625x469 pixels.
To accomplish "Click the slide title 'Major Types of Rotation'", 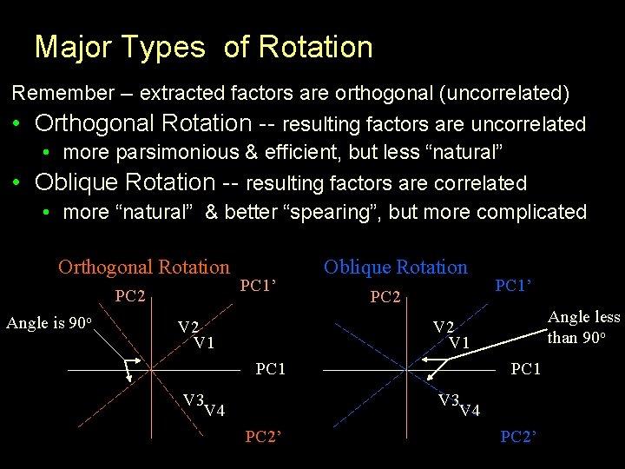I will pyautogui.click(x=203, y=47).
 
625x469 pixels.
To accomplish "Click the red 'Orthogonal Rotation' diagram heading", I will pyautogui.click(x=144, y=268).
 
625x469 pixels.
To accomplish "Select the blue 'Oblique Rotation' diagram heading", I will pyautogui.click(x=395, y=268).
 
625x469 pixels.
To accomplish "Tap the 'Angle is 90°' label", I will pyautogui.click(x=49, y=324).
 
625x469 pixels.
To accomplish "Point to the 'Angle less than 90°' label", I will pyautogui.click(x=583, y=327).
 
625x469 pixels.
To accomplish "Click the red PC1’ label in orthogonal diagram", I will pyautogui.click(x=258, y=285).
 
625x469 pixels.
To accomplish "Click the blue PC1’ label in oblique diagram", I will pyautogui.click(x=513, y=285).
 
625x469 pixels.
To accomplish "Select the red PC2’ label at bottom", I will pyautogui.click(x=263, y=437).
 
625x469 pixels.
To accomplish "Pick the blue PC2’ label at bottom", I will pyautogui.click(x=519, y=437).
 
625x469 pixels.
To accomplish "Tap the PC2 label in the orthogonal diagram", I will pyautogui.click(x=130, y=297).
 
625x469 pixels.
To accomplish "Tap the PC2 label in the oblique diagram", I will pyautogui.click(x=385, y=297).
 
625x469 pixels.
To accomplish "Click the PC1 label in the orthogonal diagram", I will pyautogui.click(x=271, y=370).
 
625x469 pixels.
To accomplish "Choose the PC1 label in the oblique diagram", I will pyautogui.click(x=526, y=370).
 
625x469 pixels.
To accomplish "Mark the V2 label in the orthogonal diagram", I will pyautogui.click(x=188, y=327).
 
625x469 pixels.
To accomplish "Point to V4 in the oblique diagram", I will pyautogui.click(x=469, y=411).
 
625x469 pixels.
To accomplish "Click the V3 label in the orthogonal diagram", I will pyautogui.click(x=193, y=400).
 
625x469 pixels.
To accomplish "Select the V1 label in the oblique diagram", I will pyautogui.click(x=459, y=343).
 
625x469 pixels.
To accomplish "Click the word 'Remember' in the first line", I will pyautogui.click(x=56, y=93).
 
